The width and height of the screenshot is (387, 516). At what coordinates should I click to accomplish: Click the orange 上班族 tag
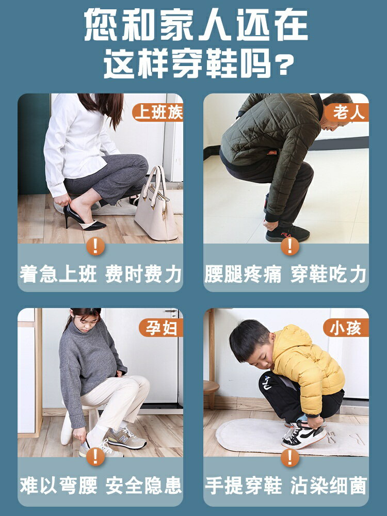(x=157, y=112)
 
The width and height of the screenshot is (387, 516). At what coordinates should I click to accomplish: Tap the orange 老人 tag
(x=347, y=112)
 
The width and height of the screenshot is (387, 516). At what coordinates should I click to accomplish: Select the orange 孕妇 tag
(x=160, y=328)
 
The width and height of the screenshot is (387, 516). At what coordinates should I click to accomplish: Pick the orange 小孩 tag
(x=346, y=328)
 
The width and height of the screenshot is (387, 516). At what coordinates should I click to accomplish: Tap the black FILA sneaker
(x=287, y=233)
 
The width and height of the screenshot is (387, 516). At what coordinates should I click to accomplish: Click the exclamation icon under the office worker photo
(x=95, y=246)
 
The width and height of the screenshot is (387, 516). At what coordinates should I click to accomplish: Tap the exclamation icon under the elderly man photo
(x=290, y=246)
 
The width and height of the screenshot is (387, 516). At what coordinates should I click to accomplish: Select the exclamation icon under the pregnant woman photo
(x=95, y=457)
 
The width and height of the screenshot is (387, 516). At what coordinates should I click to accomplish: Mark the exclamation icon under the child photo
(x=290, y=457)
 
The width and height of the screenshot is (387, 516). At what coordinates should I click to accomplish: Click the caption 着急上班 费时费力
(x=101, y=274)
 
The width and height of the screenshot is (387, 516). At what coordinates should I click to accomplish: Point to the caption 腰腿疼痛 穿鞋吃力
(x=285, y=274)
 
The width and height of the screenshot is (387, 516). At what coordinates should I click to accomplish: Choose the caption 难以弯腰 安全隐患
(x=101, y=485)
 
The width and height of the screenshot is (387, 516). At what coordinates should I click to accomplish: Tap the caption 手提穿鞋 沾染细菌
(x=285, y=485)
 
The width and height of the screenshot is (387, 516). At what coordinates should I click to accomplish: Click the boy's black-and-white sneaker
(x=304, y=434)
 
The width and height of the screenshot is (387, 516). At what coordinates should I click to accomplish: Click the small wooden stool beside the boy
(x=211, y=392)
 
